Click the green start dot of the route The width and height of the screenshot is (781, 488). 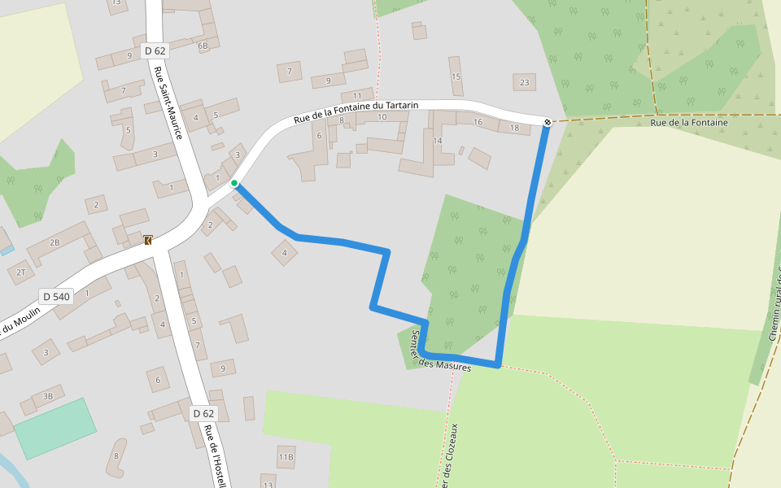coord(234,183)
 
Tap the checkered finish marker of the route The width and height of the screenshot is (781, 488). coord(548,122)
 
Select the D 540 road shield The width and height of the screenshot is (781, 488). coord(56,297)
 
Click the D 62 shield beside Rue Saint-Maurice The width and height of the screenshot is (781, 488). coord(155,50)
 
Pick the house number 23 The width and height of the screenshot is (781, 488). coord(524,82)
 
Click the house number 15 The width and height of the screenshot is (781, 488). coord(456,77)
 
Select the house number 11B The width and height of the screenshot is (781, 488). coord(286,457)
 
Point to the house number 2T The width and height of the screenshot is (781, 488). coord(21,272)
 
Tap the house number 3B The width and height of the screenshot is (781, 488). coord(47,396)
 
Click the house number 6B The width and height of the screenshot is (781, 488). coord(203,46)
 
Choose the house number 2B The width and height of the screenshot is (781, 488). coord(55,242)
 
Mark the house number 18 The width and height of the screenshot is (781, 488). coord(513,128)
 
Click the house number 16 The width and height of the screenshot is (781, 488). coord(478,123)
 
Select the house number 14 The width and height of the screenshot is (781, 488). coord(437,141)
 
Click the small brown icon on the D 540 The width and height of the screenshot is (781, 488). coord(148,240)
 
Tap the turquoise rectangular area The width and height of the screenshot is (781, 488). coord(55,428)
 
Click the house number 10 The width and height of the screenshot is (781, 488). coord(382,117)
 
